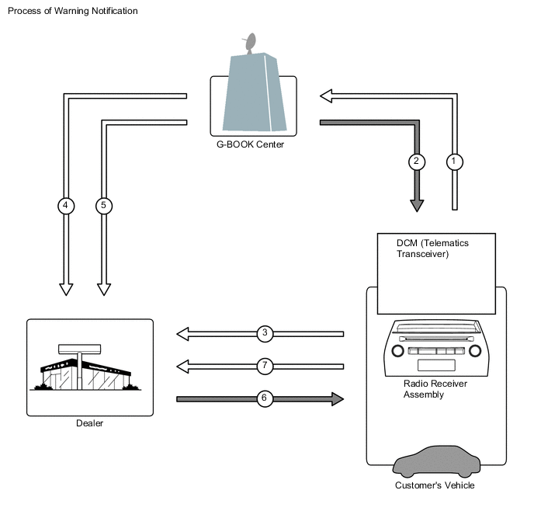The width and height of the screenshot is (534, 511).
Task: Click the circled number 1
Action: pyautogui.click(x=454, y=162)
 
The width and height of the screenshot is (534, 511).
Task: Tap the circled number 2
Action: pyautogui.click(x=417, y=162)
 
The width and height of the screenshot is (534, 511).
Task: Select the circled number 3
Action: pyautogui.click(x=265, y=333)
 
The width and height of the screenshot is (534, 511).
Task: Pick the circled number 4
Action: pyautogui.click(x=66, y=206)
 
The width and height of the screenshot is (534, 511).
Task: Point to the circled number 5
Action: pyautogui.click(x=104, y=206)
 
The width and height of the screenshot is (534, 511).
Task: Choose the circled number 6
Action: pyautogui.click(x=265, y=398)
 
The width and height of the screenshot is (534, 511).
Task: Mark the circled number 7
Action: pyautogui.click(x=265, y=367)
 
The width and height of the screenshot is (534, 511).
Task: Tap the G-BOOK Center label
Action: pyautogui.click(x=250, y=144)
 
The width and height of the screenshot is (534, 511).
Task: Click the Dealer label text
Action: pyautogui.click(x=89, y=423)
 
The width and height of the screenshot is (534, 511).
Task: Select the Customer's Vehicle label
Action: pyautogui.click(x=435, y=485)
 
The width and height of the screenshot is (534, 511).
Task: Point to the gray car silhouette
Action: pyautogui.click(x=437, y=461)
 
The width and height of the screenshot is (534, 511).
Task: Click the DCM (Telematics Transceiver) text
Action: pyautogui.click(x=432, y=249)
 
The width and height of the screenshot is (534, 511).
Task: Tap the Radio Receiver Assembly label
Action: pyautogui.click(x=435, y=389)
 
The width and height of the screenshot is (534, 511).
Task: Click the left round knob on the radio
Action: pyautogui.click(x=397, y=350)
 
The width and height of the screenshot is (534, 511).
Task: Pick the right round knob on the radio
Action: pyautogui.click(x=475, y=350)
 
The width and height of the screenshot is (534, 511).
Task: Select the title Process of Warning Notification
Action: pyautogui.click(x=73, y=11)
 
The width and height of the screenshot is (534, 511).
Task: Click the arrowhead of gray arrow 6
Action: pyautogui.click(x=338, y=399)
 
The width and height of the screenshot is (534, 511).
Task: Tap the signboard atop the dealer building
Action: pyautogui.click(x=80, y=349)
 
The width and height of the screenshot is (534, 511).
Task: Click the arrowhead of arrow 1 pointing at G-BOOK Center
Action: pyautogui.click(x=326, y=96)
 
